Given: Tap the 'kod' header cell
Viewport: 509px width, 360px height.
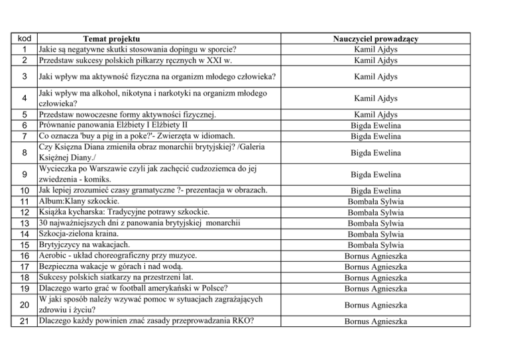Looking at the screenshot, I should coord(23,38).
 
